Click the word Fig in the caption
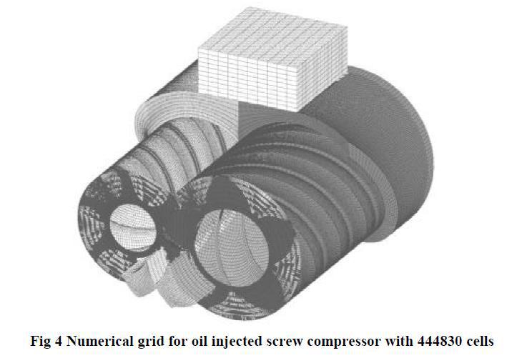coord(40,342)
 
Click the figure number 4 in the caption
coord(57,342)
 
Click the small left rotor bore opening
coord(133,227)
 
